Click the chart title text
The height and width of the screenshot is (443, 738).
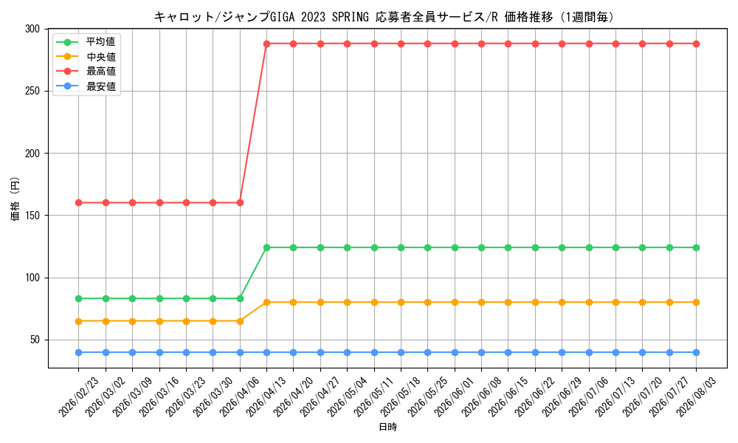point(384,18)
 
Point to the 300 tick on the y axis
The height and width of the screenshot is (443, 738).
point(32,30)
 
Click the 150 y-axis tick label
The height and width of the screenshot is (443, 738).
point(32,216)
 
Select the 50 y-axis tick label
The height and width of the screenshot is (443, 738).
point(35,340)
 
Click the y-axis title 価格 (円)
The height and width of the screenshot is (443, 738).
point(15,198)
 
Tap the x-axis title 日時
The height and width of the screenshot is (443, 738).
point(388,427)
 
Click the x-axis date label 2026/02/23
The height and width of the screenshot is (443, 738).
point(78,396)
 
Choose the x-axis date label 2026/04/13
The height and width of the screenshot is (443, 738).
point(266,396)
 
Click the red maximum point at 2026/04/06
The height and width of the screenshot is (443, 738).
point(240,203)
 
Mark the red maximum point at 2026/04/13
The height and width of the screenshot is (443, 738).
point(267,44)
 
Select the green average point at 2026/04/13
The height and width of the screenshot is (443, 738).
point(267,247)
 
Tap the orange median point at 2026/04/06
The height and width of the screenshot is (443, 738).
point(240,321)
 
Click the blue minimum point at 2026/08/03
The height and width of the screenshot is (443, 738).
point(697,353)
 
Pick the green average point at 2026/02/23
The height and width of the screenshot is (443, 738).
point(79,298)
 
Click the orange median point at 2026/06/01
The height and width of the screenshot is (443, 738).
point(455,303)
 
